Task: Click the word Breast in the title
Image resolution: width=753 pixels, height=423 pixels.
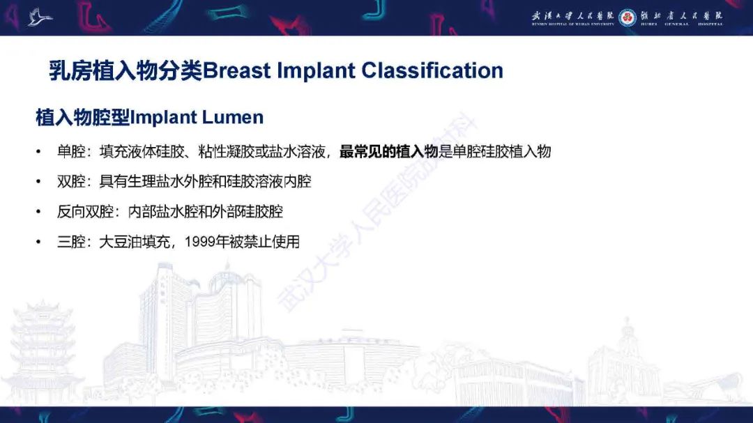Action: (x=236, y=70)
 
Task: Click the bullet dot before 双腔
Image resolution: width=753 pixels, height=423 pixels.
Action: (x=39, y=182)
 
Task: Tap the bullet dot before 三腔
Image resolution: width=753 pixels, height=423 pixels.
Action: (x=39, y=242)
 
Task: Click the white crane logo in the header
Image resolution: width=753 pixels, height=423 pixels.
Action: (x=40, y=16)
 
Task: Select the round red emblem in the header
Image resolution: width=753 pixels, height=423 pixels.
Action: (x=627, y=16)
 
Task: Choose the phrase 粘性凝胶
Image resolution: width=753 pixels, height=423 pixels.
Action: (x=223, y=151)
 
